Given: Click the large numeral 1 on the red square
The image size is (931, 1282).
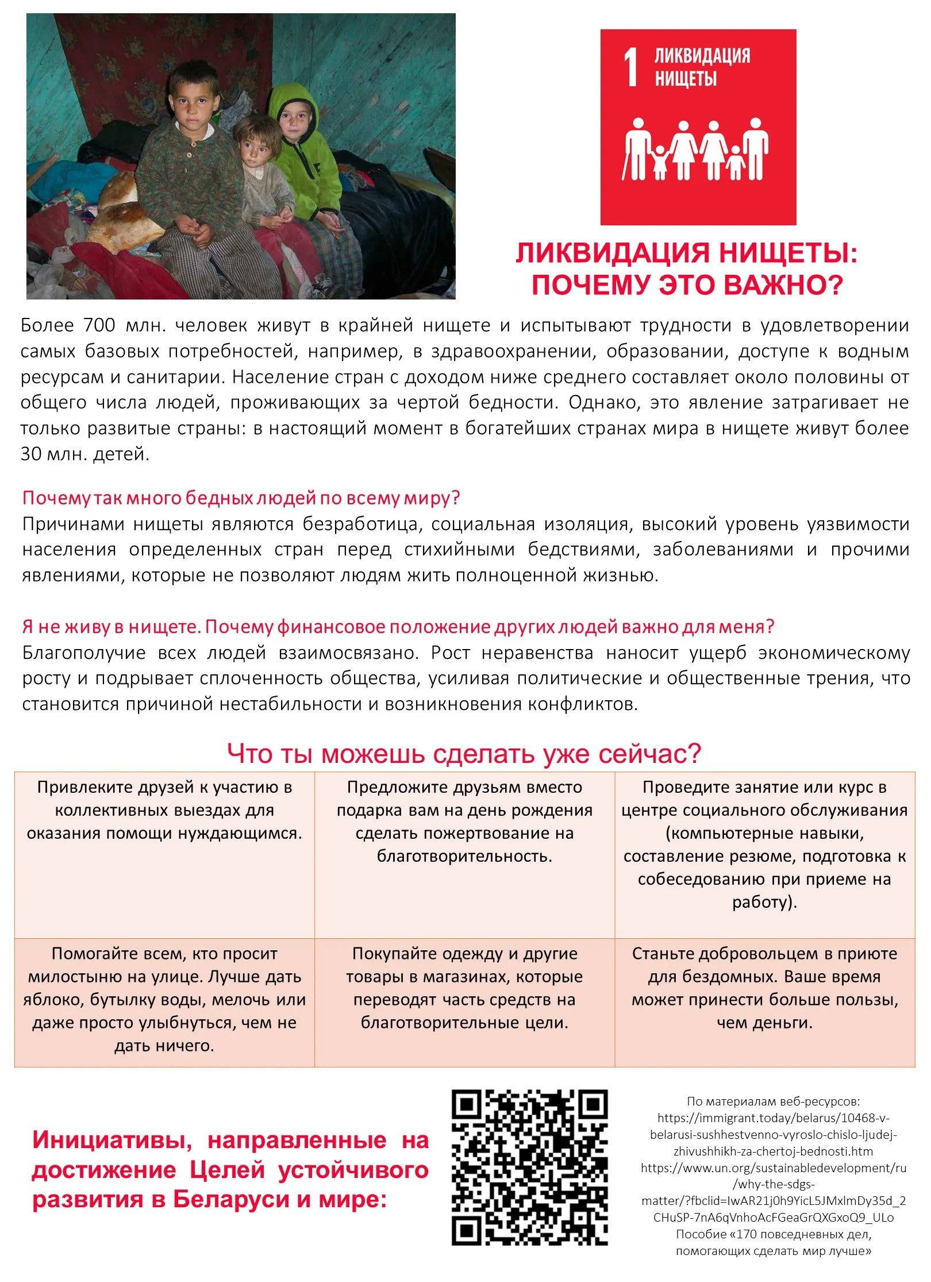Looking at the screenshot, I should point(631,67).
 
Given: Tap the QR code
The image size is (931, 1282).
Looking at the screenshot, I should point(529,1168).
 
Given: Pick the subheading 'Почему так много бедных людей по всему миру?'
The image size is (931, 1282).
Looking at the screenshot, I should point(241,498).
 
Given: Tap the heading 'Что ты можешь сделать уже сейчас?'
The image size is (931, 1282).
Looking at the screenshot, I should point(464,754).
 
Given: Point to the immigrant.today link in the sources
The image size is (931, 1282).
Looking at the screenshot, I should point(774,1135).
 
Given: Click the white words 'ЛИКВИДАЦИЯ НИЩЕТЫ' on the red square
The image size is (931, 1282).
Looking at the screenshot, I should point(702,67).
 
